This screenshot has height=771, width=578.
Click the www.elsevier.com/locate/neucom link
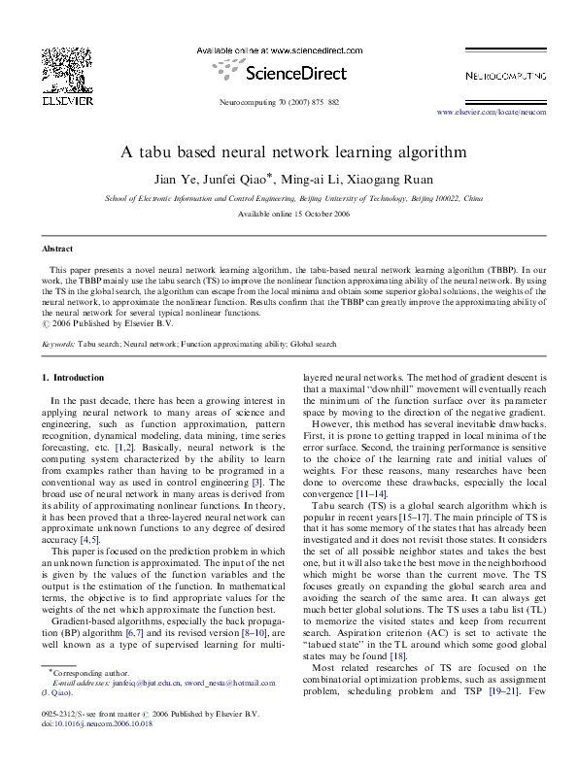(x=493, y=112)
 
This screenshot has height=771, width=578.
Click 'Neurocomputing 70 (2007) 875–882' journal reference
(x=288, y=101)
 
